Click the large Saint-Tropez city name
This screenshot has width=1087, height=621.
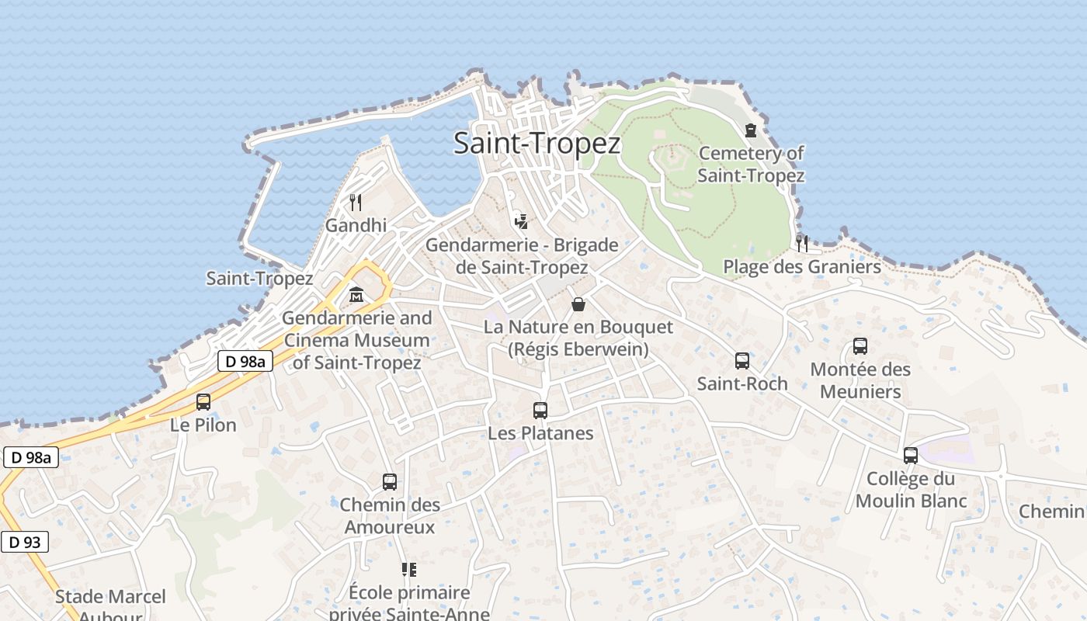[537, 144]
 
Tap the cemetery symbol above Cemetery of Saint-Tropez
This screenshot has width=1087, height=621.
[751, 130]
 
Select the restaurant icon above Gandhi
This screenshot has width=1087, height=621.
[356, 203]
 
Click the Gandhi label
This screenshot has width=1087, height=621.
[356, 226]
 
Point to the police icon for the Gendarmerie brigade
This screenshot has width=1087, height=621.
[521, 220]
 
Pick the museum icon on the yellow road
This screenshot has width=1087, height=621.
[356, 295]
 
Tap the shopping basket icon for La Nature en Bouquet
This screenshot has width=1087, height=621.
[578, 304]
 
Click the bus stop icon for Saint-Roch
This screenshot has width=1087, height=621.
[742, 361]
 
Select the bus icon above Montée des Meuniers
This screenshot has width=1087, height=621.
[860, 346]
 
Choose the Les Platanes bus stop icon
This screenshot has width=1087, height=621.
[540, 411]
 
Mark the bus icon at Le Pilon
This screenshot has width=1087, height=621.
[203, 402]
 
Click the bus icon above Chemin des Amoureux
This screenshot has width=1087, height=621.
[390, 482]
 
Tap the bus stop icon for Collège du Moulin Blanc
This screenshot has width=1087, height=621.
[911, 456]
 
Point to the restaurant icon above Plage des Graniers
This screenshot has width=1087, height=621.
[802, 243]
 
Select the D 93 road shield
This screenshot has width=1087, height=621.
[25, 542]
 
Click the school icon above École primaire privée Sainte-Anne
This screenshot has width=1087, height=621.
[409, 571]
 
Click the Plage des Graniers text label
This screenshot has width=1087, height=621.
[802, 267]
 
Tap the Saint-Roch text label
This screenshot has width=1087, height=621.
[742, 383]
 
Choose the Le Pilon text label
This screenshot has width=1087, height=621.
[203, 425]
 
